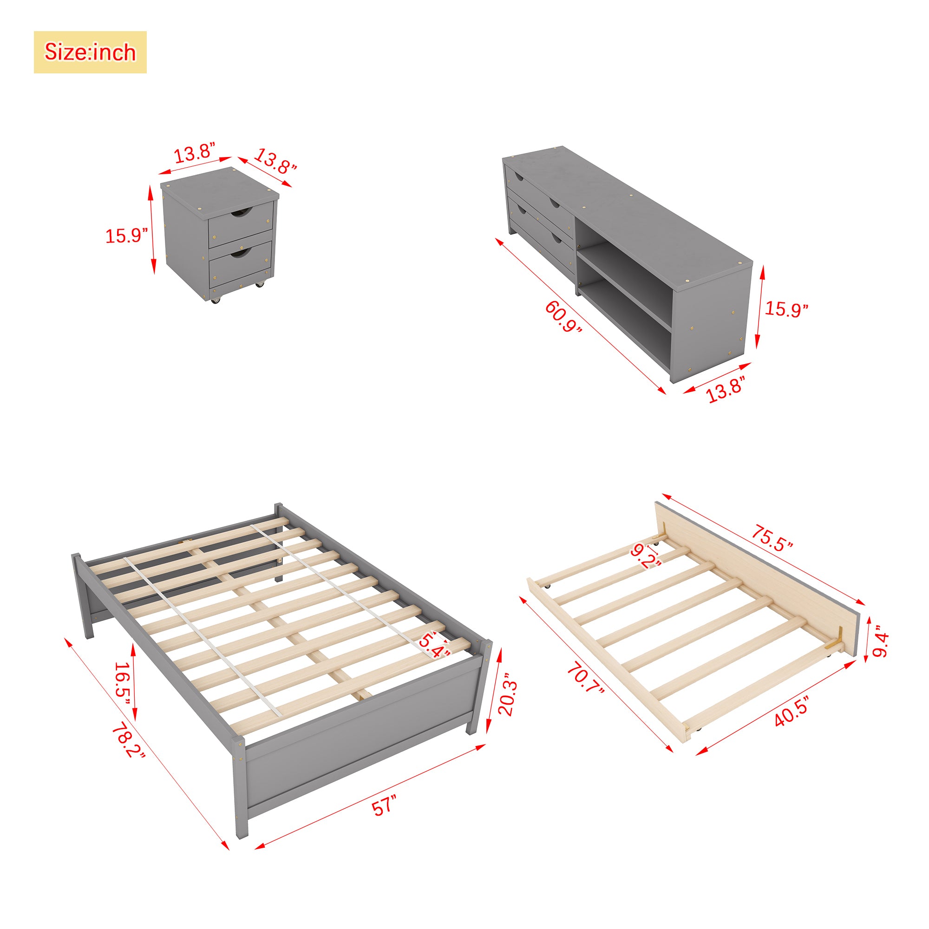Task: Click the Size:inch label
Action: click(90, 52)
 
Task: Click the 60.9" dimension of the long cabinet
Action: click(563, 316)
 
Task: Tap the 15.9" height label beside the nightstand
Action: click(126, 236)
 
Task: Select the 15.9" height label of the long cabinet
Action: click(786, 309)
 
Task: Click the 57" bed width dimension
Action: click(385, 805)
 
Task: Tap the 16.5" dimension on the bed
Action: click(122, 683)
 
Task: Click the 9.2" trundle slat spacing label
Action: click(646, 556)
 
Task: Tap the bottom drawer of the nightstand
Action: click(241, 265)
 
